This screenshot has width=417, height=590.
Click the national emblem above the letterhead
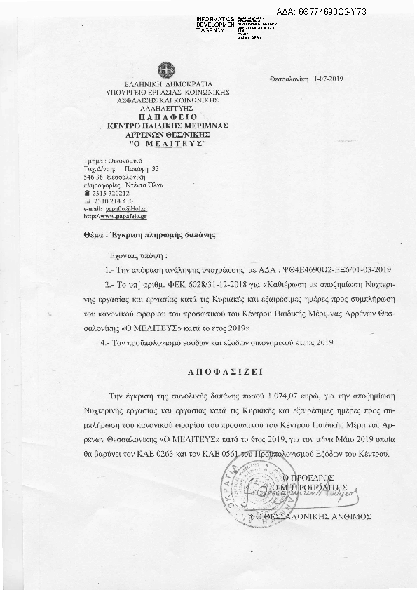[x=166, y=70]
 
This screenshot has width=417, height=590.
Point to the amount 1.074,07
[x=235, y=396]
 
